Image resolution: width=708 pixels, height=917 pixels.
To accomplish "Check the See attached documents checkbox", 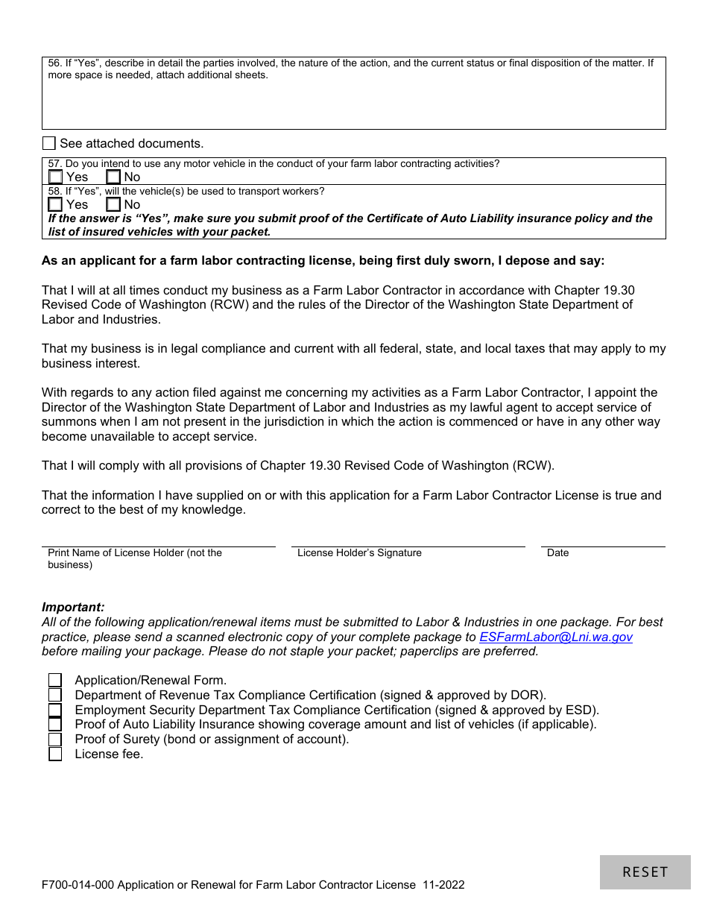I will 49,143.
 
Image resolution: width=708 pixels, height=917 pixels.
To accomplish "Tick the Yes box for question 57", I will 55,177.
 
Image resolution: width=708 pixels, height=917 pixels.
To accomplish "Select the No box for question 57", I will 113,177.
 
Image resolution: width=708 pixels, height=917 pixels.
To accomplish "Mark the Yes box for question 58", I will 55,204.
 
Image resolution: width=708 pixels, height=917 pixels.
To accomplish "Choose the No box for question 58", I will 113,204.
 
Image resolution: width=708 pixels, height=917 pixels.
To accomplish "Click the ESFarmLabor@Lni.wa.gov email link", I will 555,637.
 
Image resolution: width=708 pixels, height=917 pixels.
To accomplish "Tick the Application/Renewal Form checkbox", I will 55,680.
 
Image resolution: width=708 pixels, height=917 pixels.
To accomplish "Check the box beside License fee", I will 55,754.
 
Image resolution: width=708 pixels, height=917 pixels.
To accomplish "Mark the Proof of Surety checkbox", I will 55,739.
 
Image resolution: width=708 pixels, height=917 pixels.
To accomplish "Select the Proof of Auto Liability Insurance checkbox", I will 55,724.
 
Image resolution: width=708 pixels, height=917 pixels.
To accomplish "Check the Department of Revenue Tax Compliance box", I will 55,695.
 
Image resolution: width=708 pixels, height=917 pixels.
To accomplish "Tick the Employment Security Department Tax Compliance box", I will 55,710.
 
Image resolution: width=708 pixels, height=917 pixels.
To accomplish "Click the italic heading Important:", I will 73,607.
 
